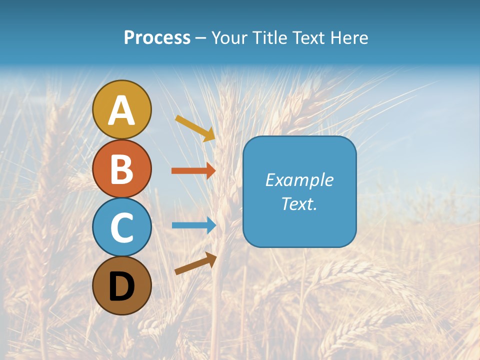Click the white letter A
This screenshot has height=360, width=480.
click(x=122, y=110)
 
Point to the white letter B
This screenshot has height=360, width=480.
click(x=122, y=169)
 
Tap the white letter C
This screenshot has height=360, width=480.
click(x=122, y=228)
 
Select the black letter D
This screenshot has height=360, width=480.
click(x=122, y=286)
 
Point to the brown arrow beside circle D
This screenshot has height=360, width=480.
click(x=195, y=263)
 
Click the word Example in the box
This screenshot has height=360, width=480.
click(x=299, y=180)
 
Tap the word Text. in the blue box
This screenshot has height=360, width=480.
click(x=299, y=203)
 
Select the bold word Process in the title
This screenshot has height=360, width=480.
click(x=157, y=37)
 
